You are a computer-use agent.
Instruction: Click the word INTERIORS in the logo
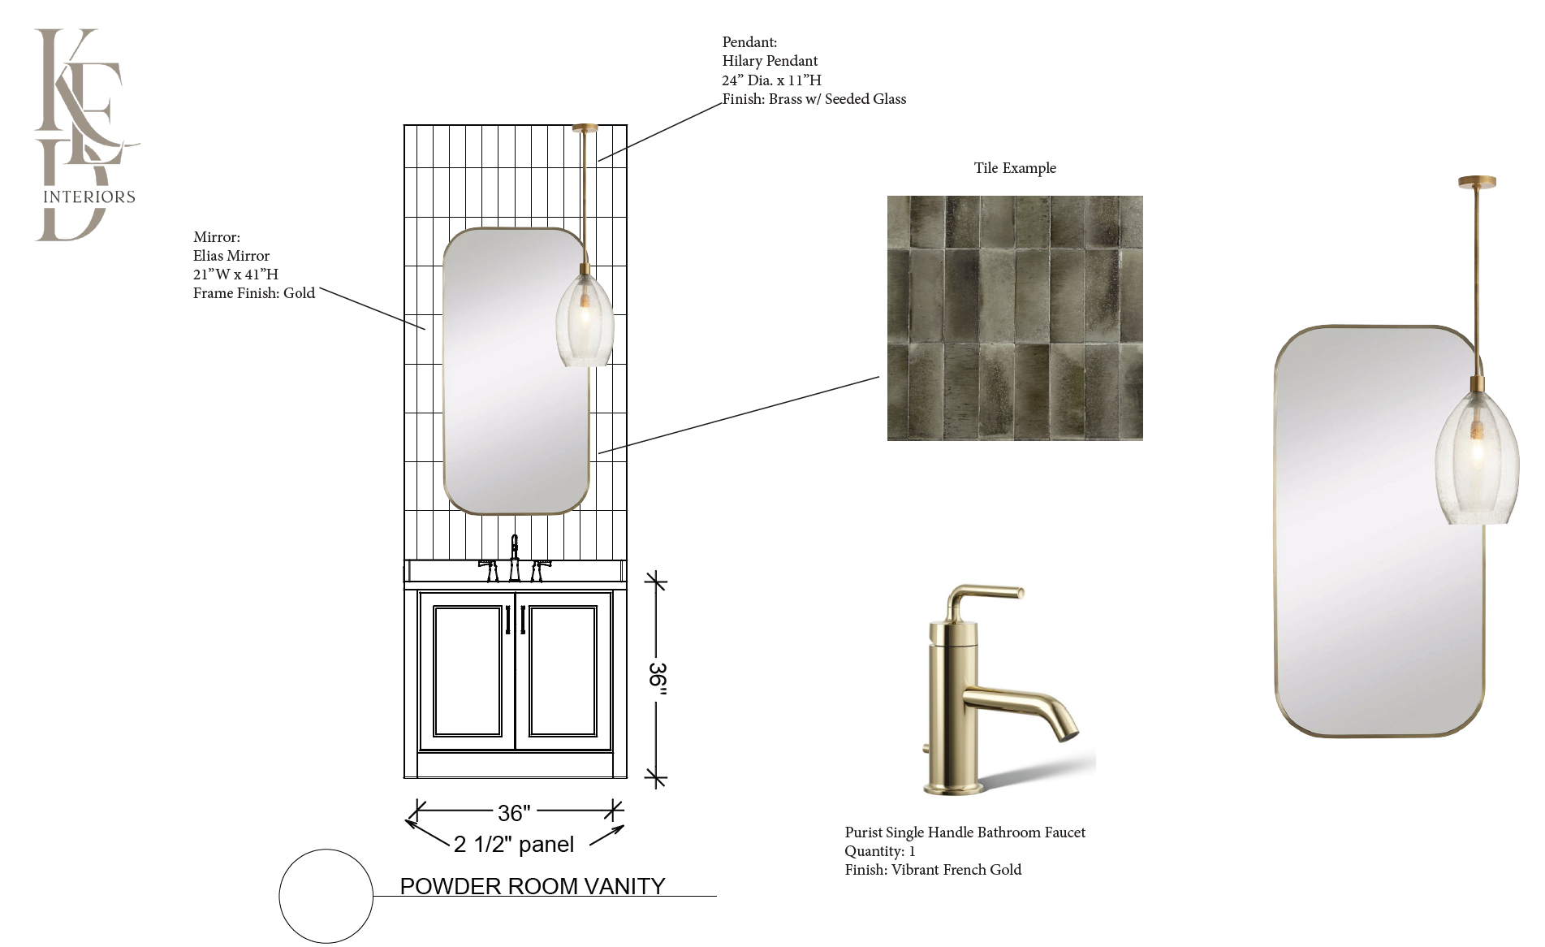[88, 197]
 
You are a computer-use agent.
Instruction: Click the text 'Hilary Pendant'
[770, 61]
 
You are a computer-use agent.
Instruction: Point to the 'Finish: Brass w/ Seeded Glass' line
[814, 99]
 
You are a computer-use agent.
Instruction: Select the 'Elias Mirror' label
[231, 256]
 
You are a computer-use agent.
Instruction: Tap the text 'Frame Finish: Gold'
[254, 293]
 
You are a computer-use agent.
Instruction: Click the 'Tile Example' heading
[1015, 168]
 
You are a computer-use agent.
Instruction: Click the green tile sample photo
[1015, 318]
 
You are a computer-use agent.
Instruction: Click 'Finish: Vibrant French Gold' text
[933, 870]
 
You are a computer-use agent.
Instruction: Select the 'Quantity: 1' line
[880, 851]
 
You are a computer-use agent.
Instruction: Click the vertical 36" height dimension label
[657, 679]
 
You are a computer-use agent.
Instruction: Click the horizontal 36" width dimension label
[514, 812]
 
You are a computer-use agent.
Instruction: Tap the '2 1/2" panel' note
[514, 845]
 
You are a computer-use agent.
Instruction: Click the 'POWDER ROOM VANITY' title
[533, 886]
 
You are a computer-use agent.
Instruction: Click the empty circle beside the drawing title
[326, 897]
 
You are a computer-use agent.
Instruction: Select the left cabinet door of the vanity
[467, 671]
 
